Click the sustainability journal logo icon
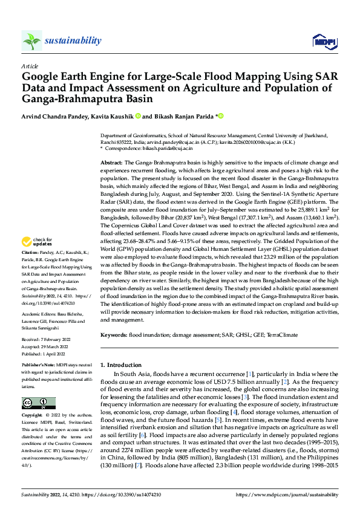coord(31,41)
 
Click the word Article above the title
coord(30,65)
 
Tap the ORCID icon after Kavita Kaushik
coord(138,116)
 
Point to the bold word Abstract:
coord(111,163)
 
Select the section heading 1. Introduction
coord(120,365)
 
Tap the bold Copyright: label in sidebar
coord(33,416)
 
